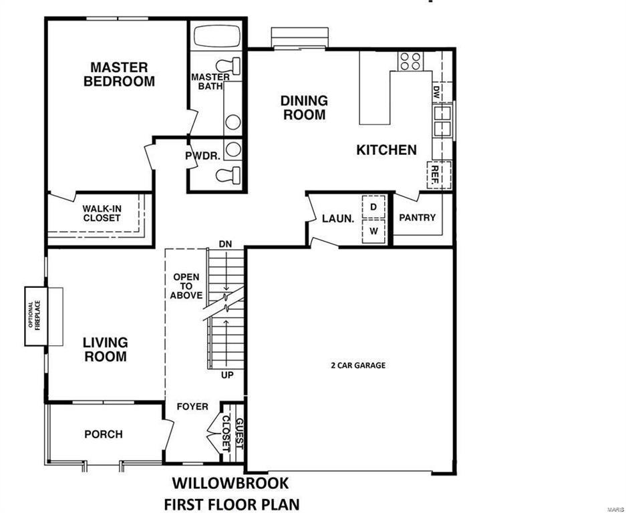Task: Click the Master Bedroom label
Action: click(119, 74)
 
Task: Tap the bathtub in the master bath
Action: click(217, 36)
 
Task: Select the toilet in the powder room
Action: click(228, 175)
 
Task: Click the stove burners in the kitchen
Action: click(410, 61)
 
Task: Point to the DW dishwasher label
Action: click(436, 92)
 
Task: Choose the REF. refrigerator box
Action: click(439, 174)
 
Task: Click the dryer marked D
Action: click(373, 207)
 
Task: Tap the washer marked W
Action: click(373, 231)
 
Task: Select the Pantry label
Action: click(417, 218)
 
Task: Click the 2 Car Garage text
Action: click(358, 365)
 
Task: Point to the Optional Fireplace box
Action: click(36, 316)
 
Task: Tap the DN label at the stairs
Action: click(225, 244)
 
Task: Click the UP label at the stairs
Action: click(227, 375)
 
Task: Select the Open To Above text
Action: click(186, 286)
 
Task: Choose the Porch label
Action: click(104, 434)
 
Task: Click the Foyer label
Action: click(192, 406)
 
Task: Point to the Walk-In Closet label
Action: click(102, 213)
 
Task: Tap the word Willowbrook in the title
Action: click(230, 483)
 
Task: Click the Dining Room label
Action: click(304, 108)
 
